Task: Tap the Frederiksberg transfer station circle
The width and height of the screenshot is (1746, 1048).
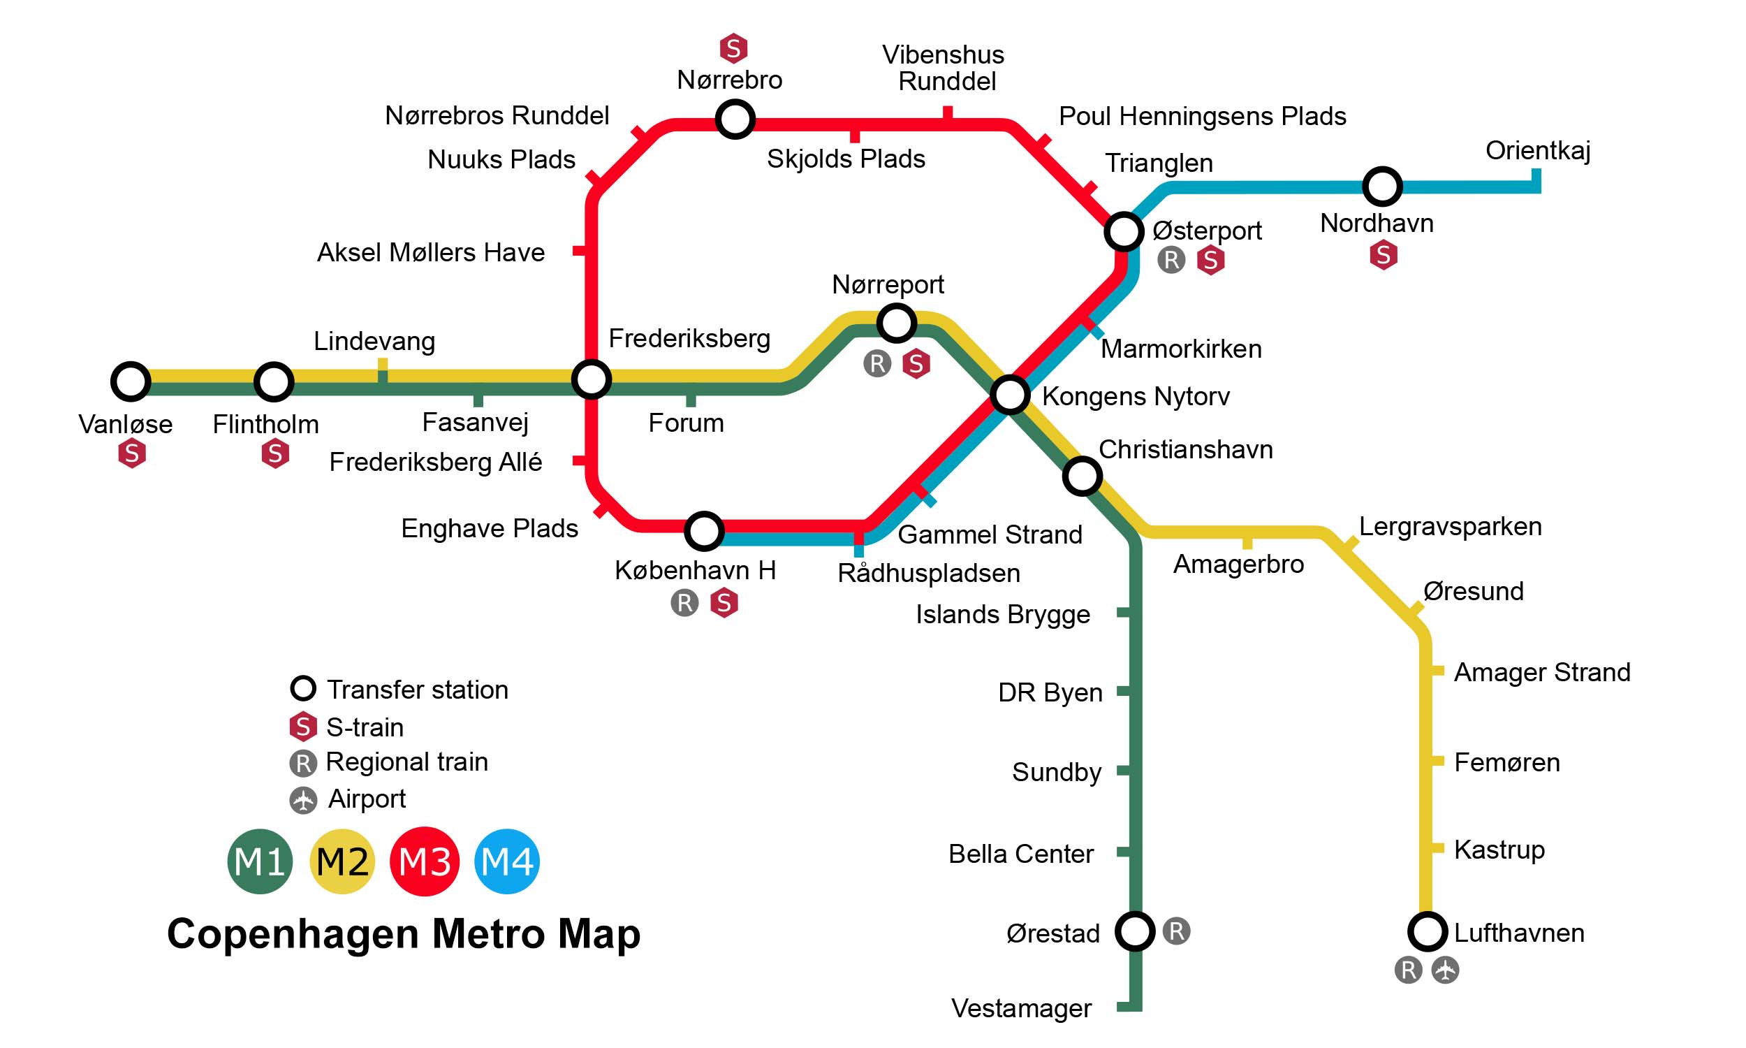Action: tap(592, 380)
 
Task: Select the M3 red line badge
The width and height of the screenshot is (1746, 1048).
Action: tap(424, 861)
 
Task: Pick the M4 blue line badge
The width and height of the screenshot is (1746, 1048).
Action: tap(507, 861)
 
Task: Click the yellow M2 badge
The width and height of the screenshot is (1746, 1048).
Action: tap(342, 861)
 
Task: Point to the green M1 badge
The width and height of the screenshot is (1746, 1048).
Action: tap(260, 861)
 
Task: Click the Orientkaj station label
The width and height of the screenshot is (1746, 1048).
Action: tap(1537, 150)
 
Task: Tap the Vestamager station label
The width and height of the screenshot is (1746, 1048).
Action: tap(1021, 1008)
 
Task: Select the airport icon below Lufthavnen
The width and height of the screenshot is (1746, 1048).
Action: tap(1446, 970)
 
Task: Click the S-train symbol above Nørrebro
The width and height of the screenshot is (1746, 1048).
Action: tap(733, 49)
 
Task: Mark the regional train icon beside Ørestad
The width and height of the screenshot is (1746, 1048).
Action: tap(1177, 931)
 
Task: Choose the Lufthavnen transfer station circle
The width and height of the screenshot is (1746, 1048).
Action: tap(1428, 931)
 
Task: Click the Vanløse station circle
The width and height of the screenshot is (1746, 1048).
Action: tap(131, 381)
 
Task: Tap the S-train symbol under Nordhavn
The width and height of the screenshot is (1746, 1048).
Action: tap(1384, 255)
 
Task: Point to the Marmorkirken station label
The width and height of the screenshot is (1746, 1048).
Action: tap(1181, 349)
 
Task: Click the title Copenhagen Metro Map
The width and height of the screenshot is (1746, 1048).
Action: tap(404, 933)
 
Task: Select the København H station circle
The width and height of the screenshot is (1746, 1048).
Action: tap(703, 531)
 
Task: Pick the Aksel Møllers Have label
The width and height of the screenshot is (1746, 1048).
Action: tap(430, 252)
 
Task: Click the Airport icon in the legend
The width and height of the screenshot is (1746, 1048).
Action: tap(304, 800)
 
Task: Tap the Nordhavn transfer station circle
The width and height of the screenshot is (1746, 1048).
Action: tap(1382, 187)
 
